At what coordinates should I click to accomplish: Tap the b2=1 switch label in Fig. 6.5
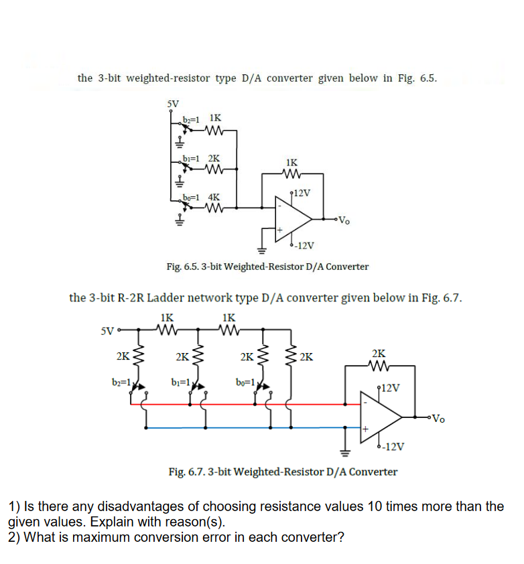191,119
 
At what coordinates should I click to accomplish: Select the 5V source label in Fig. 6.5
173,104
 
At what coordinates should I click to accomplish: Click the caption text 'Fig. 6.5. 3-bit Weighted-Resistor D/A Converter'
267,267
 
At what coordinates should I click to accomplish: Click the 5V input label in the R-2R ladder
107,330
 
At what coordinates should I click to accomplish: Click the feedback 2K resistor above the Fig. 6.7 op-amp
379,366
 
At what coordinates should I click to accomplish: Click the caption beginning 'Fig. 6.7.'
282,472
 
